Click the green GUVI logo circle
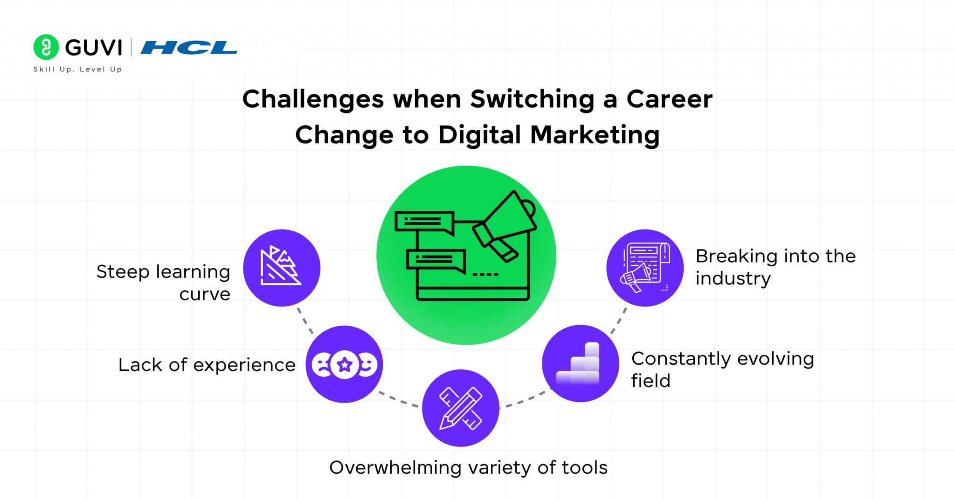(46, 47)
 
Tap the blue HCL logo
(189, 48)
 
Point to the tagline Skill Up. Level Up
(77, 69)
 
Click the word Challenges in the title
(312, 99)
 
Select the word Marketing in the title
(595, 135)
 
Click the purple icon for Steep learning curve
(282, 268)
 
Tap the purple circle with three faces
(344, 364)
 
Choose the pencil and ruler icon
(461, 408)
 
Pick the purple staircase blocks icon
(581, 363)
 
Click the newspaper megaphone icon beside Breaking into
(645, 268)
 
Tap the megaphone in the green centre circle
(506, 224)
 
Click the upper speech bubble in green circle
(424, 222)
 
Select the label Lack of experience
(207, 365)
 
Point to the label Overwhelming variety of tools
(468, 467)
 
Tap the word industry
(733, 278)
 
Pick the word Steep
(123, 272)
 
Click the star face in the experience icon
(345, 364)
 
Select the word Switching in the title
(532, 99)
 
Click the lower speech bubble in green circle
(436, 260)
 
